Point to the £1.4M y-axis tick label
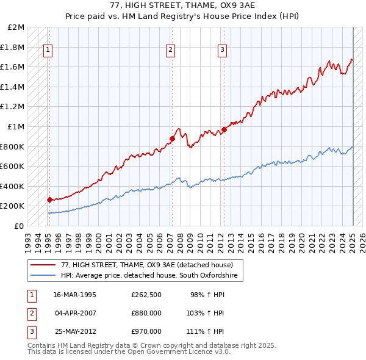(13, 87)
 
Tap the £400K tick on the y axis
(13, 186)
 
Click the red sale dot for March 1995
(49, 200)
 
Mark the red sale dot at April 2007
(172, 139)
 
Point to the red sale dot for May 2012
(224, 129)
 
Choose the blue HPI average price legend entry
(152, 276)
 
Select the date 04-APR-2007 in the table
(74, 313)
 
